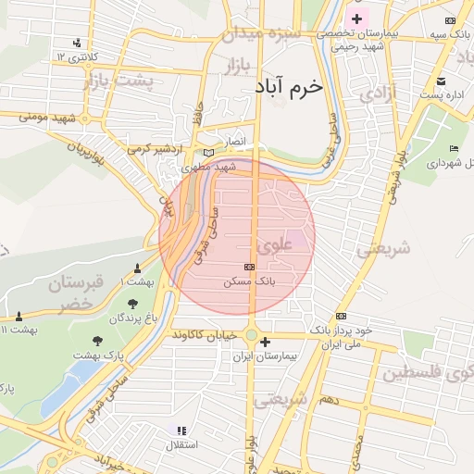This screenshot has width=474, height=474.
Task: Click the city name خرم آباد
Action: point(289,86)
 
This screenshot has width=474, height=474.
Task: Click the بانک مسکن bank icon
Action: point(249,267)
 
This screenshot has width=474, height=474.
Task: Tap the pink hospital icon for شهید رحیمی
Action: point(356,19)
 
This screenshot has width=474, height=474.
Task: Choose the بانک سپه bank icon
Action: point(450,20)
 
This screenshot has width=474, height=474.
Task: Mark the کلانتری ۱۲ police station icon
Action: point(77,42)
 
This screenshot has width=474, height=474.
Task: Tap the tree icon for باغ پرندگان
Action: point(133,303)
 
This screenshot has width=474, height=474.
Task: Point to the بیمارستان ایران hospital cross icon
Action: point(266,342)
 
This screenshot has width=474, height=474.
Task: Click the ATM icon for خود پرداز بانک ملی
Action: point(341,316)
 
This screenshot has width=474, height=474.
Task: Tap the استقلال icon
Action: point(181,430)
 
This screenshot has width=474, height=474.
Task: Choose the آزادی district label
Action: point(378,93)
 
